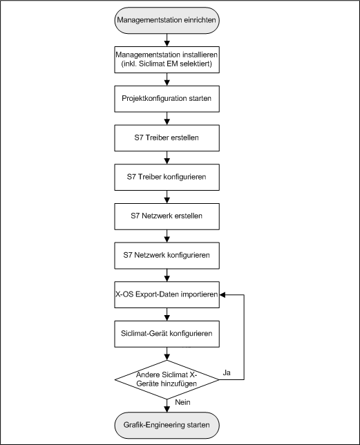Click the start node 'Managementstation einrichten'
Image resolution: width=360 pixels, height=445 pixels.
click(166, 21)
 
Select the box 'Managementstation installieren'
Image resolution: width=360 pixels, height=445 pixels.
click(166, 59)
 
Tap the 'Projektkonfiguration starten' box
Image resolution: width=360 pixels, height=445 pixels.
click(166, 99)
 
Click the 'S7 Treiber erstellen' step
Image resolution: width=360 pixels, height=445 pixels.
click(166, 138)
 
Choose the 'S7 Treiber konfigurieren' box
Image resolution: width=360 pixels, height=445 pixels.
click(166, 177)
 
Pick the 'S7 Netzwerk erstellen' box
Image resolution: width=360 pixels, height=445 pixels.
click(166, 216)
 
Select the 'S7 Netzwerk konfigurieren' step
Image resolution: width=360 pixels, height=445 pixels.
click(166, 255)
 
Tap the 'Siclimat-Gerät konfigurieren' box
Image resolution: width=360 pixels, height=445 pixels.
click(166, 333)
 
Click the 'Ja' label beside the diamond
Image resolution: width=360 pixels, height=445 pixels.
click(227, 372)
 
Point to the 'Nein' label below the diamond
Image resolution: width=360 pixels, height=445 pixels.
click(183, 401)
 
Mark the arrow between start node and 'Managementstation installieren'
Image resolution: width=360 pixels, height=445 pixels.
click(166, 39)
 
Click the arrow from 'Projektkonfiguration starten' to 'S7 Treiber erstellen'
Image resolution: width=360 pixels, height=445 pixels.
click(166, 118)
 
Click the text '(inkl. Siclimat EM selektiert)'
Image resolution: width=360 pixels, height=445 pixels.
click(166, 65)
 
